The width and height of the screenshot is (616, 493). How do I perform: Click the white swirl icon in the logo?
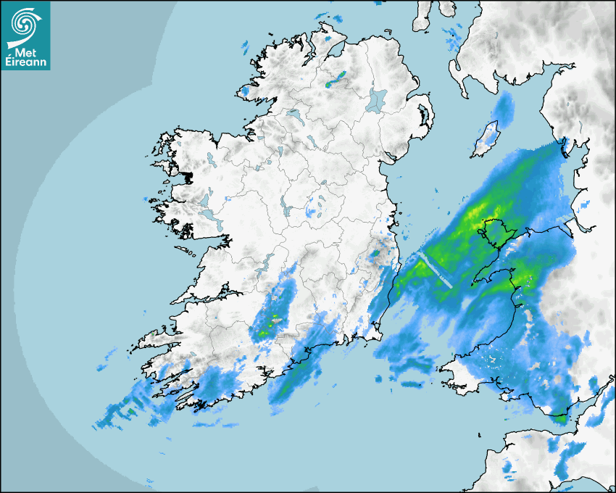(x=25, y=22)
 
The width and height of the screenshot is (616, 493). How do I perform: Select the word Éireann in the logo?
(x=25, y=62)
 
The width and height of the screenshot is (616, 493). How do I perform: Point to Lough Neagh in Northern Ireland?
(x=377, y=99)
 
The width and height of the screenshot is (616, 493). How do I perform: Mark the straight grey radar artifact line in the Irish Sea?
(x=435, y=270)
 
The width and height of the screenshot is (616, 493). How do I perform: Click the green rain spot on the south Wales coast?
(x=559, y=418)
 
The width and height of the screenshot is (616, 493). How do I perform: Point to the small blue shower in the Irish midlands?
(x=312, y=212)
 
